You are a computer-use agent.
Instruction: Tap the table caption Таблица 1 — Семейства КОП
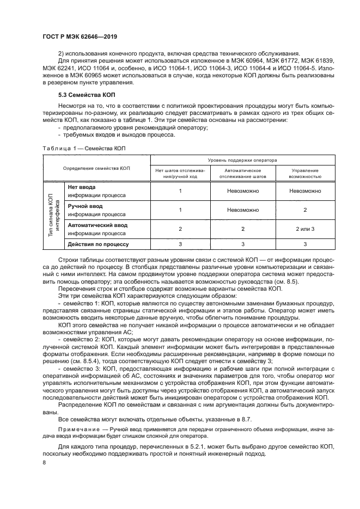(84, 148)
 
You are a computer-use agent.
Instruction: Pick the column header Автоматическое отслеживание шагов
(243, 173)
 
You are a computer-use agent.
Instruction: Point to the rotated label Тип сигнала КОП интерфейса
(53, 215)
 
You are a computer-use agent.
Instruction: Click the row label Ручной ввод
(85, 206)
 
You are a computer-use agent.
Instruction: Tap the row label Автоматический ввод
(97, 224)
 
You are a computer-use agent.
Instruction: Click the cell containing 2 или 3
(305, 229)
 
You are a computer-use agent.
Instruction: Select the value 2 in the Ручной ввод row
(305, 210)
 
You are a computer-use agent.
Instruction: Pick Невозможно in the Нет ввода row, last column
(305, 191)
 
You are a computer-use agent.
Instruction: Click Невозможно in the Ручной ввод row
(243, 210)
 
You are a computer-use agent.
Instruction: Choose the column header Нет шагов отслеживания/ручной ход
(180, 173)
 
